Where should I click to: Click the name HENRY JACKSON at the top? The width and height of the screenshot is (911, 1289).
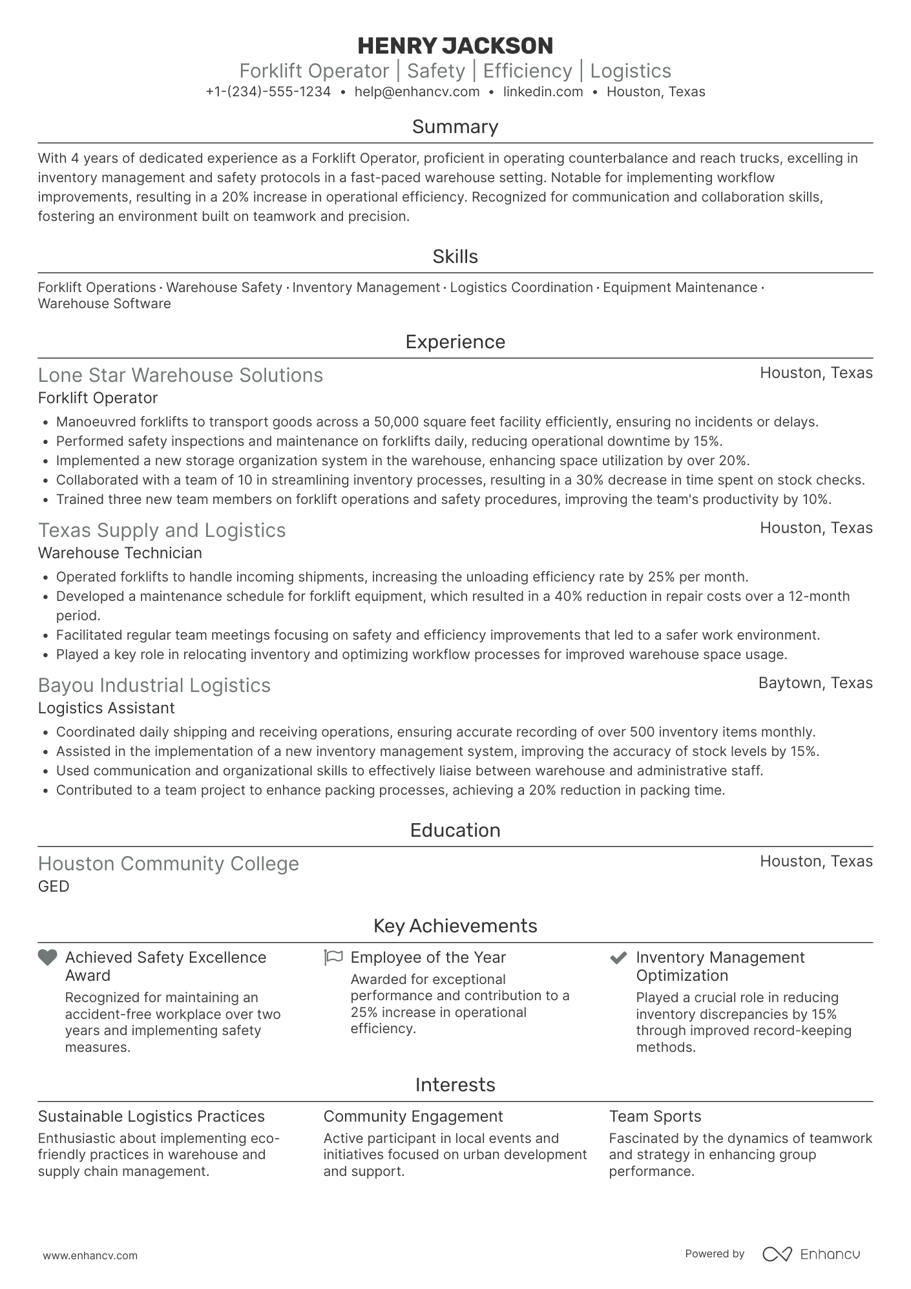(x=455, y=46)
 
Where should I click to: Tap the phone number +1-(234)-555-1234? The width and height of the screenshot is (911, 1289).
(x=268, y=92)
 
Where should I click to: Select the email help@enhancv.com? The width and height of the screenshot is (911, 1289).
(x=417, y=92)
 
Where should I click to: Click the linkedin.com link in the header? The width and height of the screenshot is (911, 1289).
(x=543, y=92)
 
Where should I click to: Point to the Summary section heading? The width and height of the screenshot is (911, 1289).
(x=455, y=127)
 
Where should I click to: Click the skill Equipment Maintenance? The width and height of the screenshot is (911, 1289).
(x=680, y=288)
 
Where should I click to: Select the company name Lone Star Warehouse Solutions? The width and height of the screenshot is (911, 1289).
(x=180, y=375)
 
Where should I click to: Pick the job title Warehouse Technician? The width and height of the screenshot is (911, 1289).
(x=120, y=553)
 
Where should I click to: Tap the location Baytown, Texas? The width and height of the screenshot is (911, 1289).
(x=815, y=683)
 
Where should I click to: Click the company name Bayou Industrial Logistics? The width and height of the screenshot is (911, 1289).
(x=154, y=686)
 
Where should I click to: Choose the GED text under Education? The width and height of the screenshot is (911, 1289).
(x=54, y=886)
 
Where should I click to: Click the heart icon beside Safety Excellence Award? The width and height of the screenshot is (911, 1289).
(x=48, y=958)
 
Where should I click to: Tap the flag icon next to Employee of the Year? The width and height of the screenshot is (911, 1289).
(x=333, y=958)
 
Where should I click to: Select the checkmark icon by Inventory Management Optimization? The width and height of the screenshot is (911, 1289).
(x=619, y=958)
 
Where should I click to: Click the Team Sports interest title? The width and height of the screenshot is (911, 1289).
(x=654, y=1116)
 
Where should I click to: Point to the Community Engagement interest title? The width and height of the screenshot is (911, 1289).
(x=413, y=1116)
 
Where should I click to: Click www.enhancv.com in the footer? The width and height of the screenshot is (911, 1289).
(x=90, y=1255)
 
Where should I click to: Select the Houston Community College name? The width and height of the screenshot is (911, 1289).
(x=168, y=864)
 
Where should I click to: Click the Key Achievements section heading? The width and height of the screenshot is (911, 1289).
(x=455, y=926)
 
